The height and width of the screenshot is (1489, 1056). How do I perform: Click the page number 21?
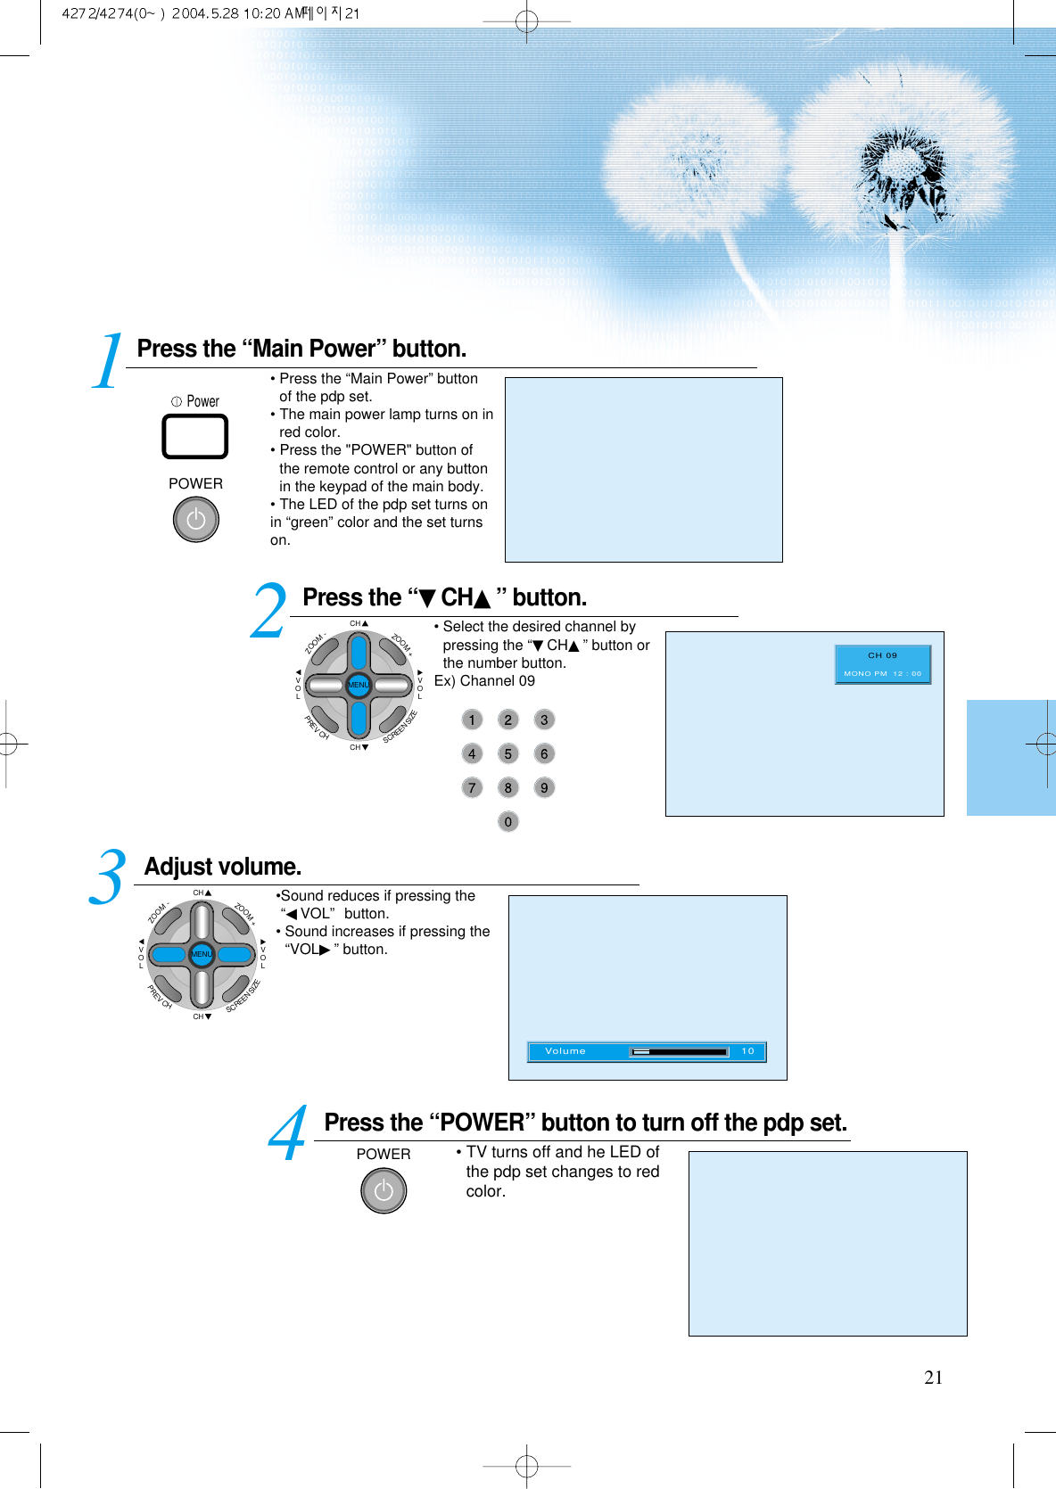point(933,1378)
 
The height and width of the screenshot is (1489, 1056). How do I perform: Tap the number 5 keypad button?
point(507,753)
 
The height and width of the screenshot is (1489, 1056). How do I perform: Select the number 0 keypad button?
point(507,821)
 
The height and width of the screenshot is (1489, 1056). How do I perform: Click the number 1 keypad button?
point(472,720)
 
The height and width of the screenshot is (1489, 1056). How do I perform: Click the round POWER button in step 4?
point(384,1190)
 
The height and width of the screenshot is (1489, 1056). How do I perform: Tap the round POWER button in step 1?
point(195,519)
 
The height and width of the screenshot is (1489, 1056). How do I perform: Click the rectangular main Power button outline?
point(194,437)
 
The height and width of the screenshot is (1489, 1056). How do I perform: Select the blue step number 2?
point(268,612)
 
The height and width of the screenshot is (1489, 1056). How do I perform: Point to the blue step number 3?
point(107,877)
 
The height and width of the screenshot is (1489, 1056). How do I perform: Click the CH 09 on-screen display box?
point(882,664)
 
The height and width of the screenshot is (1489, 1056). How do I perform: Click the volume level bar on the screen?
point(680,1051)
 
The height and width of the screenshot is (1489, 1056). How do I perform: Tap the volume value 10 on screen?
point(747,1051)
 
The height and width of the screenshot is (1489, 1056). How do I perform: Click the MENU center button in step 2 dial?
point(359,685)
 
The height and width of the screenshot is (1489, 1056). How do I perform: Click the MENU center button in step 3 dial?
point(202,954)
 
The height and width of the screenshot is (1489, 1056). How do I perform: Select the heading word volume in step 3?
point(260,867)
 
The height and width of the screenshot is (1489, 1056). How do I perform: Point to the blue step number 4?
point(287,1135)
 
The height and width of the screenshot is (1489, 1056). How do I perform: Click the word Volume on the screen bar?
point(565,1051)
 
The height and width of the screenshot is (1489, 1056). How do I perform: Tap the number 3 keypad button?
point(544,720)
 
